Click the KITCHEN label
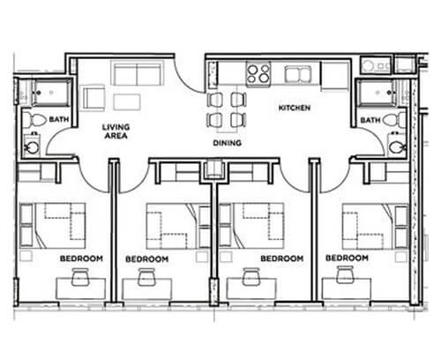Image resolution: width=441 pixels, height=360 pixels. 295,108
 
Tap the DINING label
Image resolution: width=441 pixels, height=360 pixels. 228,143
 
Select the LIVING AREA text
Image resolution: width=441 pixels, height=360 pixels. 116,131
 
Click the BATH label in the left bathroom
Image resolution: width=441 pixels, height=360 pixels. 59,119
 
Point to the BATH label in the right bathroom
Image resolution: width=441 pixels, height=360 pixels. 370,120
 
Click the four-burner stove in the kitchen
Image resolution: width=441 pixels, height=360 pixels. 258,73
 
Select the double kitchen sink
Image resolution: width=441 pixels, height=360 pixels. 298,74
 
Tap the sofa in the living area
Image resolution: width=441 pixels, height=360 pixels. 137,73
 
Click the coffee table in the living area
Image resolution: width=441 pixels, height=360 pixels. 127,101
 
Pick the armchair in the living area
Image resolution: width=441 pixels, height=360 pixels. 93,99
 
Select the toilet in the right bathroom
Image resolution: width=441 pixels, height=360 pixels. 394,120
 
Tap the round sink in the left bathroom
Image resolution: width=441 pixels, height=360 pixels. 31,146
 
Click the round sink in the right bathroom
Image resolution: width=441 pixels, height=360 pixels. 397,146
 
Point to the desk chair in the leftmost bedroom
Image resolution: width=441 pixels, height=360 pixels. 80,277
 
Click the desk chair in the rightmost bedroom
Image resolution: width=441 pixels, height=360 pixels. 346,274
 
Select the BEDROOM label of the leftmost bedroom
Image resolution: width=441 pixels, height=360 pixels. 81,259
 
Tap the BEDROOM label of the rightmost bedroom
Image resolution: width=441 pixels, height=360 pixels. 347,258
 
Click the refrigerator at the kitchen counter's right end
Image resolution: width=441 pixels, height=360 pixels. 335,75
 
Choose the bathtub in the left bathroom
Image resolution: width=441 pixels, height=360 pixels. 52,92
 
